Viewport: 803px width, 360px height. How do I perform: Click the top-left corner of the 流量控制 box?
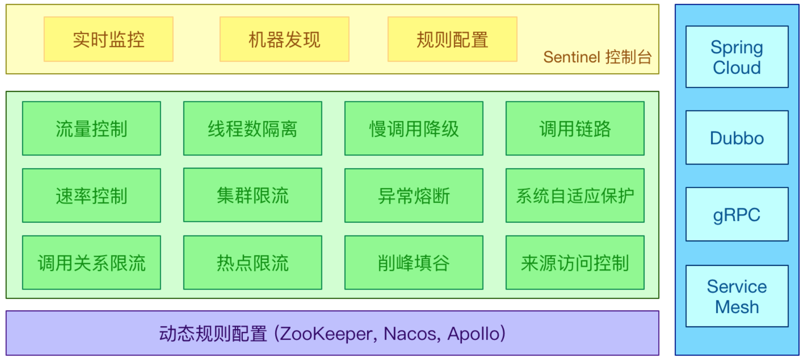click(22, 101)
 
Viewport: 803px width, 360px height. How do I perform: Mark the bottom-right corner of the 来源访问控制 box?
click(644, 290)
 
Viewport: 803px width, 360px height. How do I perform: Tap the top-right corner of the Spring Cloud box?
click(788, 26)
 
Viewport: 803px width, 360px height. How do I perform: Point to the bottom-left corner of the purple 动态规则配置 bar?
click(6, 355)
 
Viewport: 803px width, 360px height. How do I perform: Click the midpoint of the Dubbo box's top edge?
click(737, 110)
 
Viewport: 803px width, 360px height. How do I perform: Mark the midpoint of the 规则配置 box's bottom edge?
click(452, 61)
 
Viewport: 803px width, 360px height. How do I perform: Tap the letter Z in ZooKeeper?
click(286, 334)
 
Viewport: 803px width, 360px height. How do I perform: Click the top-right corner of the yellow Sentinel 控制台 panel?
click(659, 5)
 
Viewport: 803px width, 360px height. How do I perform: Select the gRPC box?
click(737, 214)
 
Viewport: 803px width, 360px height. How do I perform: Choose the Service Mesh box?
click(737, 296)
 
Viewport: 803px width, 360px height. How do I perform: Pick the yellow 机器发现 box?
click(284, 39)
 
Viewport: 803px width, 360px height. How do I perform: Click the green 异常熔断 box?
click(414, 195)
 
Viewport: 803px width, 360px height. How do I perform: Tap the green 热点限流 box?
click(252, 262)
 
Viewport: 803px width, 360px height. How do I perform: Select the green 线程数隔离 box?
click(252, 128)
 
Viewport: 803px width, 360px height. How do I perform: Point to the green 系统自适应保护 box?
click(575, 195)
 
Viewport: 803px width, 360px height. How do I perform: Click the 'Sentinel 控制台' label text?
click(597, 57)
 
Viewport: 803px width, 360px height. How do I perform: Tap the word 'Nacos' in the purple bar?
click(411, 334)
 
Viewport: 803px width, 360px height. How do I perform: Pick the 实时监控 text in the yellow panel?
click(108, 40)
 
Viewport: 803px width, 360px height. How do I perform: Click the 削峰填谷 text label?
click(414, 263)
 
